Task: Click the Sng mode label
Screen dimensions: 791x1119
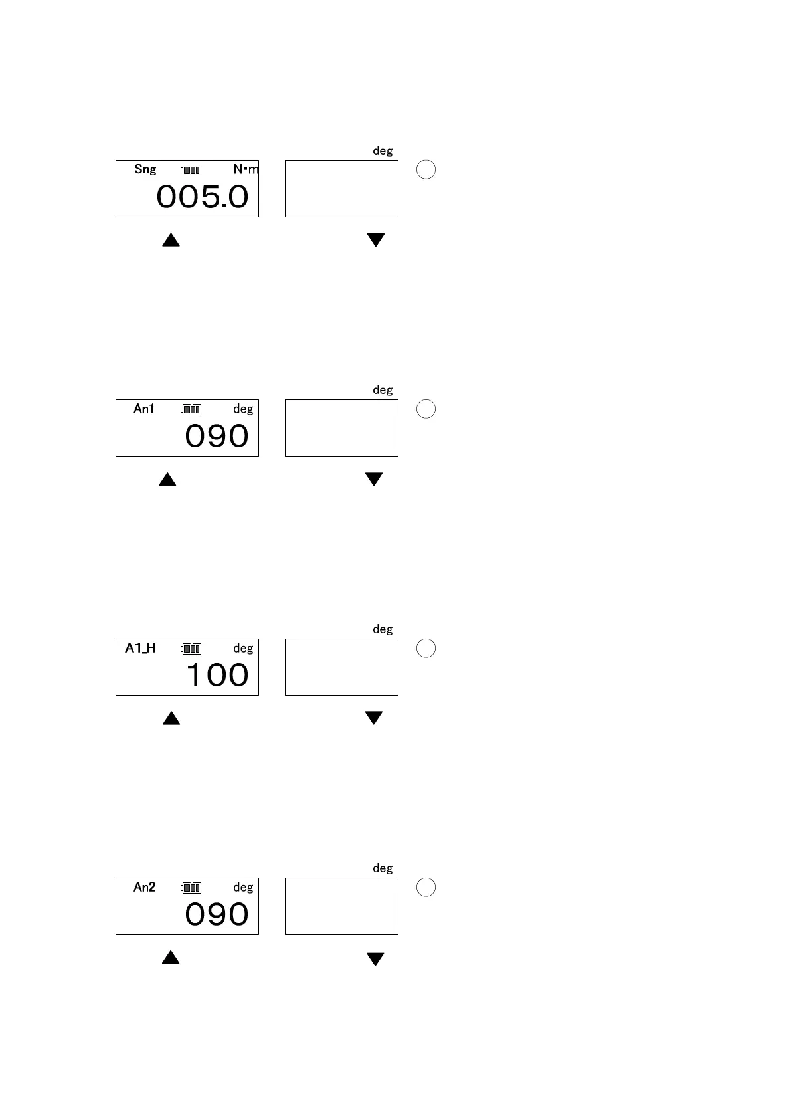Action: point(145,169)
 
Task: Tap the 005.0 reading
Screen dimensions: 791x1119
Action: point(203,197)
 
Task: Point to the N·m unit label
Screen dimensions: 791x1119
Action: point(246,169)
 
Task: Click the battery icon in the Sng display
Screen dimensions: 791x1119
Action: point(191,170)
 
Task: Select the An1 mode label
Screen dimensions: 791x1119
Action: point(144,409)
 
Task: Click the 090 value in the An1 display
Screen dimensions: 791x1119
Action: point(217,437)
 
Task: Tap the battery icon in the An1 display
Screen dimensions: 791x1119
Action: point(191,409)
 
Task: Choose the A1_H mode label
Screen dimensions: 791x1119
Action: point(140,648)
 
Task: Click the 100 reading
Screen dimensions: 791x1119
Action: point(217,676)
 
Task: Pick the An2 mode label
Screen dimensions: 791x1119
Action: point(144,887)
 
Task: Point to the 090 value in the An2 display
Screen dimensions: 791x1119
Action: point(217,915)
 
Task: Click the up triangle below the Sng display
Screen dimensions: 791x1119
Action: point(171,240)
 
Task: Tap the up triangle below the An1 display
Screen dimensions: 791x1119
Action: point(167,479)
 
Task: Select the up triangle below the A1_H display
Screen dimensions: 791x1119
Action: point(171,718)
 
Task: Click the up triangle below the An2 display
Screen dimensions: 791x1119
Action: point(171,958)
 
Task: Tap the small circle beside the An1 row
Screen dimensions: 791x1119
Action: point(426,409)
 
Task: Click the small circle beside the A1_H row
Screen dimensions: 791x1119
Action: point(426,648)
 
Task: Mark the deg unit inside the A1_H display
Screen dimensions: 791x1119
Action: point(243,648)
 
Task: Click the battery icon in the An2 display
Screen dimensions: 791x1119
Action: point(191,888)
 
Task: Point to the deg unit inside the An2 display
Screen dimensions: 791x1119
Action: point(243,887)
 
